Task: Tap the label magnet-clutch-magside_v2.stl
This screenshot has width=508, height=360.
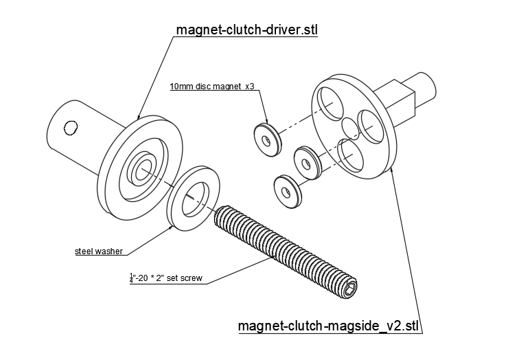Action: point(329,324)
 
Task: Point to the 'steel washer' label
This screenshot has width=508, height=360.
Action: point(98,251)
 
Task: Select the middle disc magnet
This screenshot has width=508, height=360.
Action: point(305,161)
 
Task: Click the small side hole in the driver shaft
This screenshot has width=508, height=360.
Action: point(69,127)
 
